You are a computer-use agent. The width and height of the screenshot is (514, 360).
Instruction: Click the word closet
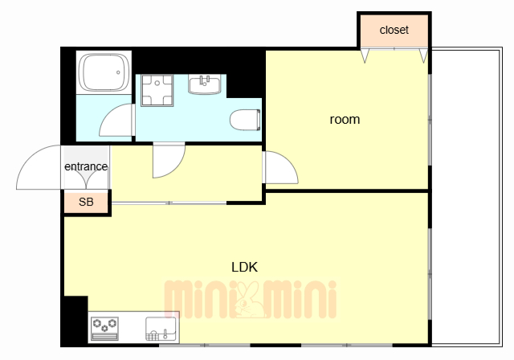tap(394, 30)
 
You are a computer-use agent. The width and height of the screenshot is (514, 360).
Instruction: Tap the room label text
tap(345, 120)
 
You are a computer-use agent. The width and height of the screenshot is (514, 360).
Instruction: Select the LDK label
tap(244, 268)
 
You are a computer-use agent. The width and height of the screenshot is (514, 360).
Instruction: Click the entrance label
tap(86, 166)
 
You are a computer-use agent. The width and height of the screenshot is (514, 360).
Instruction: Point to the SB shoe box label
tap(86, 202)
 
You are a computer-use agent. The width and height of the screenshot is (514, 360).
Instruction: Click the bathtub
tap(104, 72)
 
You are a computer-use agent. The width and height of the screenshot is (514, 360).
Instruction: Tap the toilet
tap(245, 120)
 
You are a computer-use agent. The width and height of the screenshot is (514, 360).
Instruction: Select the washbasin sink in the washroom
tap(205, 84)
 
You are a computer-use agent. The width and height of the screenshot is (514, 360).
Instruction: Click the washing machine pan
tap(157, 90)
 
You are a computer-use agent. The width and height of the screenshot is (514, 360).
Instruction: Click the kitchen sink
tap(161, 329)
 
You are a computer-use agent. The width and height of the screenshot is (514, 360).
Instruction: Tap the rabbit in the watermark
tap(248, 300)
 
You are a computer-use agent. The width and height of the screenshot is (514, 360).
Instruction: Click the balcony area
tap(467, 197)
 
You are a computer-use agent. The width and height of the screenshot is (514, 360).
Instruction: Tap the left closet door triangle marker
tap(365, 55)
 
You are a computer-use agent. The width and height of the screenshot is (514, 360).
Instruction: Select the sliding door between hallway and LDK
tap(169, 203)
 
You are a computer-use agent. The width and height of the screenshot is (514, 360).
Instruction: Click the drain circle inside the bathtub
tap(118, 72)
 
